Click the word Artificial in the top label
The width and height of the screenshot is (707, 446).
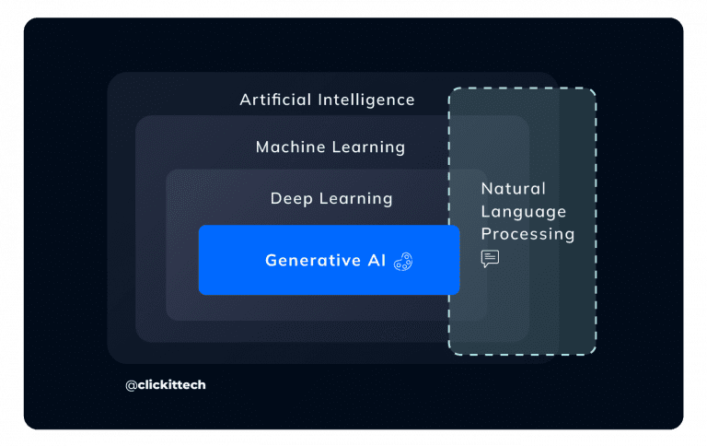276,100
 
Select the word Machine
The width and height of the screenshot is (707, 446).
287,147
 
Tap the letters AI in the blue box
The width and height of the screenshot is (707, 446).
377,261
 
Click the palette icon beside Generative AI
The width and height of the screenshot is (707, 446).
403,262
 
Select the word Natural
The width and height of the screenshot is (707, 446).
513,189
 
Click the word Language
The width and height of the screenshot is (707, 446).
523,211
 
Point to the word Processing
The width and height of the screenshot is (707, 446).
527,234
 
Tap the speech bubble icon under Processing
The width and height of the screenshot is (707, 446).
490,258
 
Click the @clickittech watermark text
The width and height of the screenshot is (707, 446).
166,384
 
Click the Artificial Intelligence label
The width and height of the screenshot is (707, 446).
327,100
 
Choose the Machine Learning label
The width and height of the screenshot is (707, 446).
330,147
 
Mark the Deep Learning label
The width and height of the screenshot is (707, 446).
331,198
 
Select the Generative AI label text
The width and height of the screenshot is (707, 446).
326,261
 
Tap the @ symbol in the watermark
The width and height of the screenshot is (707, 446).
132,384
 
